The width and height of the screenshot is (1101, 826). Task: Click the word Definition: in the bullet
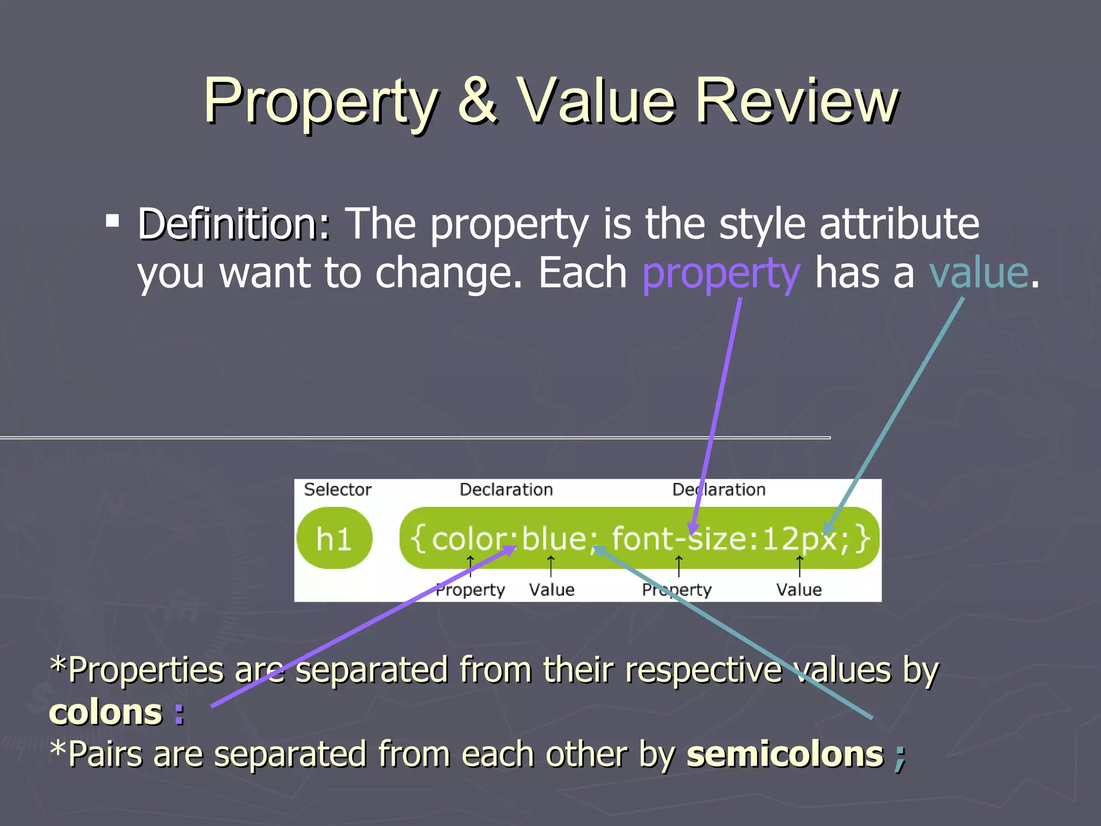(234, 224)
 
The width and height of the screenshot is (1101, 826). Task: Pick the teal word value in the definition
(978, 273)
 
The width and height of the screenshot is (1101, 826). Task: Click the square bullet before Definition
(112, 220)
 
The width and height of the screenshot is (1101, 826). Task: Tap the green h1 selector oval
(334, 538)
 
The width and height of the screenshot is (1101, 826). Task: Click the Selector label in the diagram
(338, 489)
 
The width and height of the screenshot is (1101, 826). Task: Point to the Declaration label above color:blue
(506, 489)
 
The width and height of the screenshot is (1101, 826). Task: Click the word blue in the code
(554, 538)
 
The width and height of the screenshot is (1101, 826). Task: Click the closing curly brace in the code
(863, 538)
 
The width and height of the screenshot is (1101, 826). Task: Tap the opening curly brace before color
(418, 538)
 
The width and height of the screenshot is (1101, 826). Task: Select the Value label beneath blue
(552, 590)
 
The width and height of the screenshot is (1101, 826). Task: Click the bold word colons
(106, 713)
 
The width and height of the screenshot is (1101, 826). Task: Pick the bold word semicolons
(785, 754)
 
